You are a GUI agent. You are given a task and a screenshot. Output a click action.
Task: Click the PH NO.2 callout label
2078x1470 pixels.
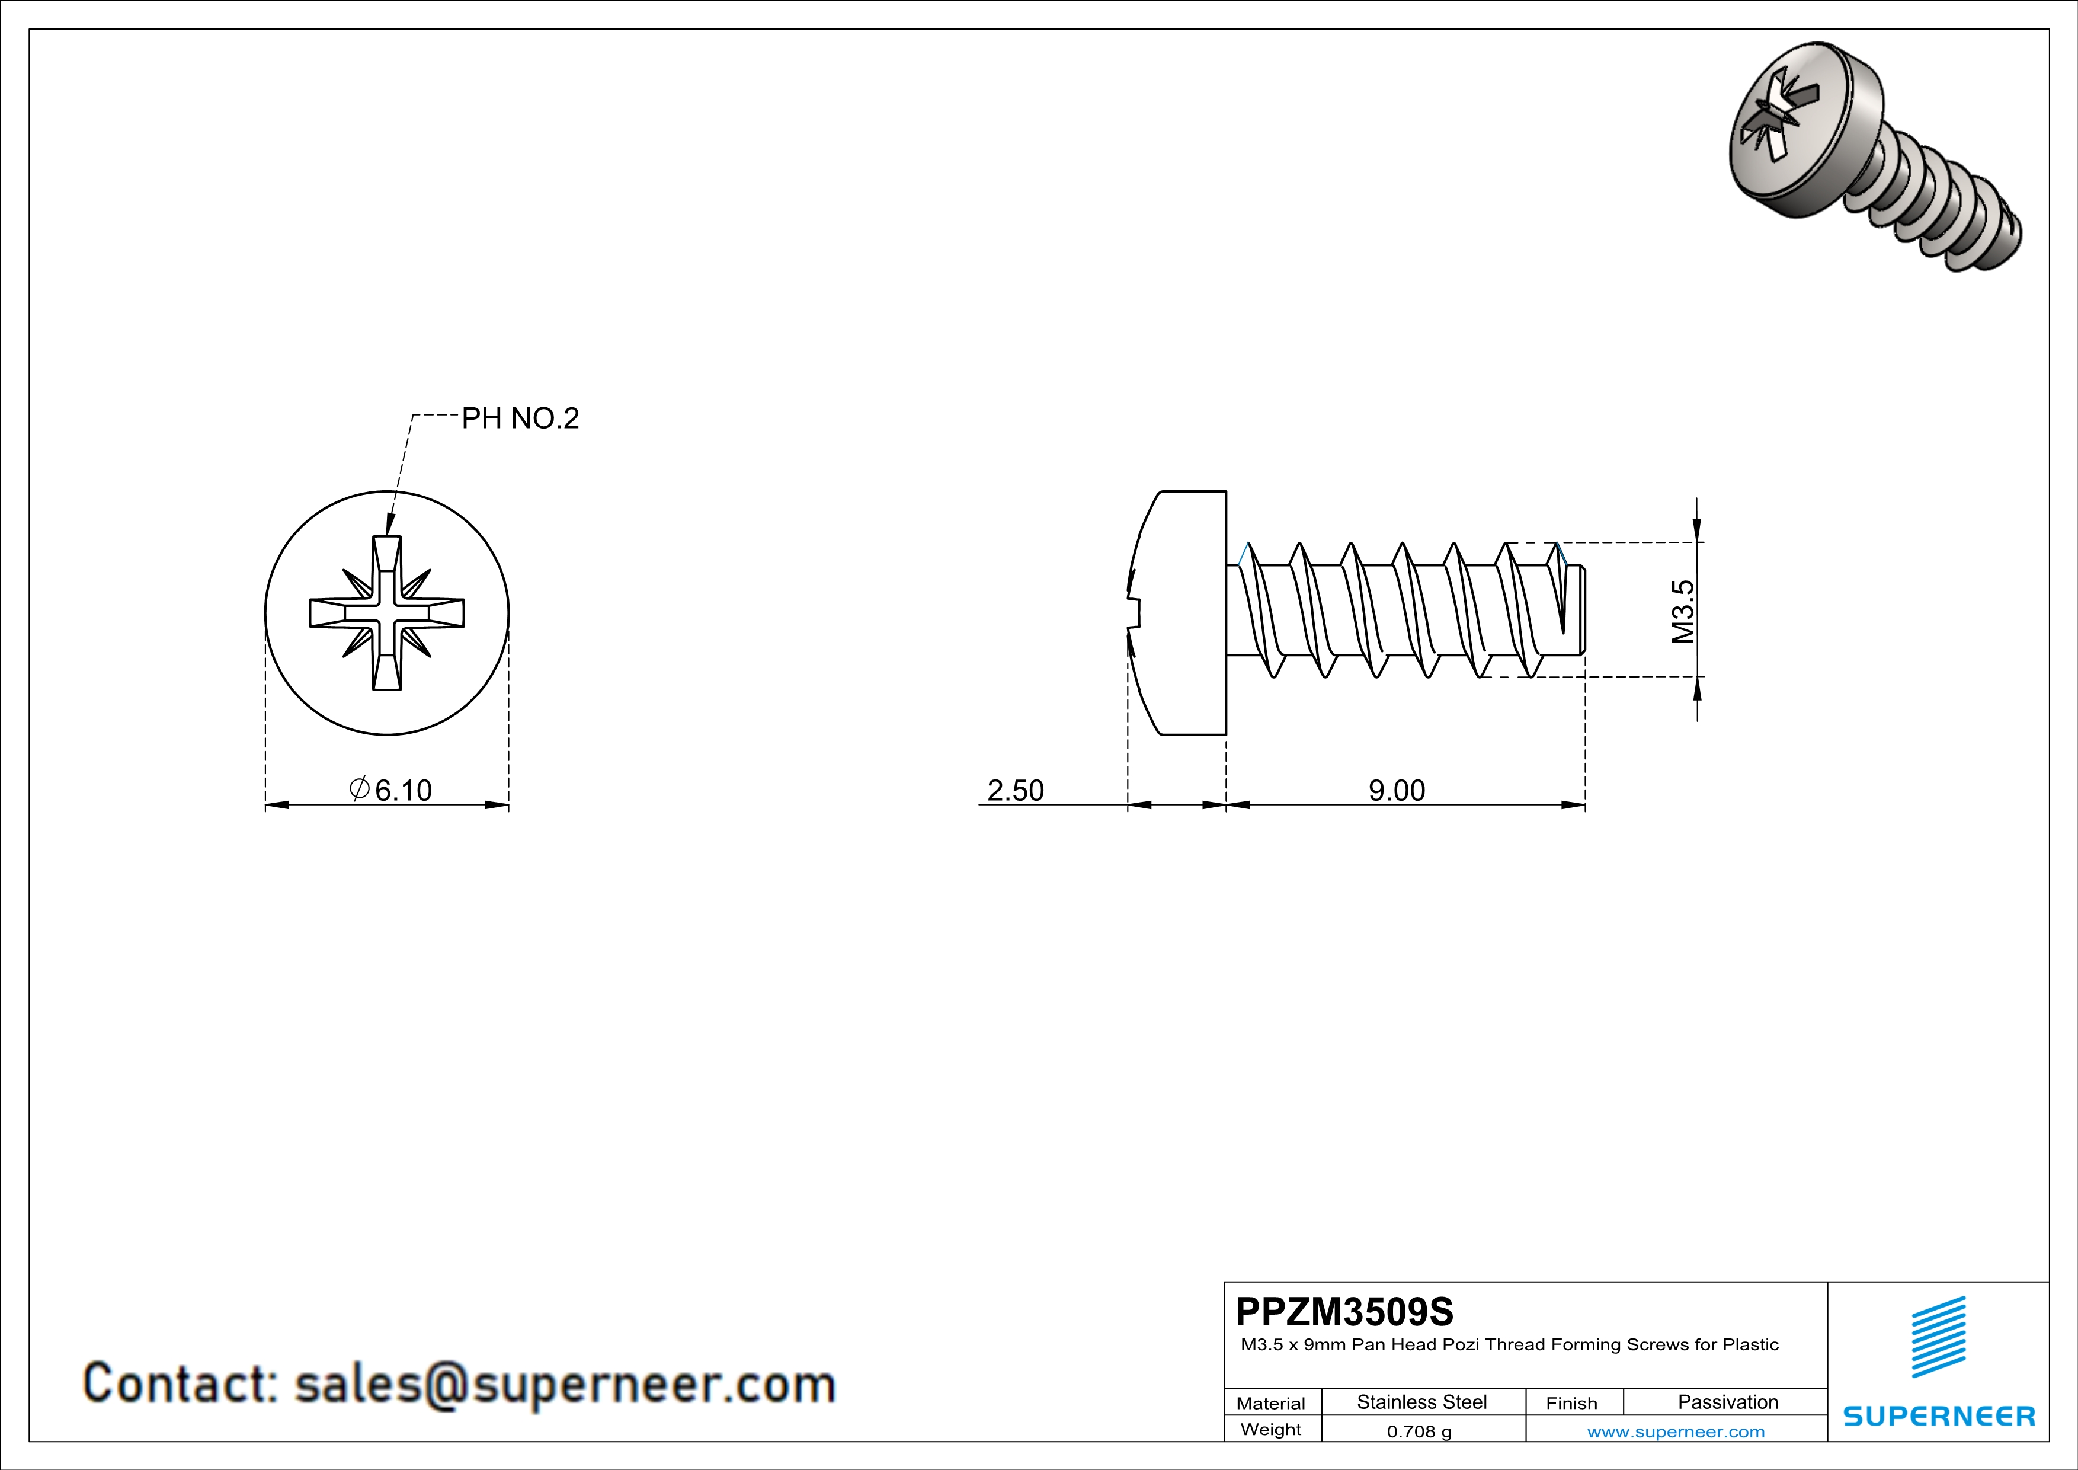(x=520, y=418)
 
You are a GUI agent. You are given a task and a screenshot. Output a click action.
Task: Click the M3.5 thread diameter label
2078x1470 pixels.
(x=1682, y=612)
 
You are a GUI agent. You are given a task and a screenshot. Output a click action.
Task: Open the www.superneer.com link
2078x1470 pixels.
(x=1675, y=1431)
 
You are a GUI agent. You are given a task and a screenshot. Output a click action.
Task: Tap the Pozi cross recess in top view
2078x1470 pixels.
(x=388, y=613)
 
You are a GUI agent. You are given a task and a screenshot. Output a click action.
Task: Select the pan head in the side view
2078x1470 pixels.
(x=1181, y=613)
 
